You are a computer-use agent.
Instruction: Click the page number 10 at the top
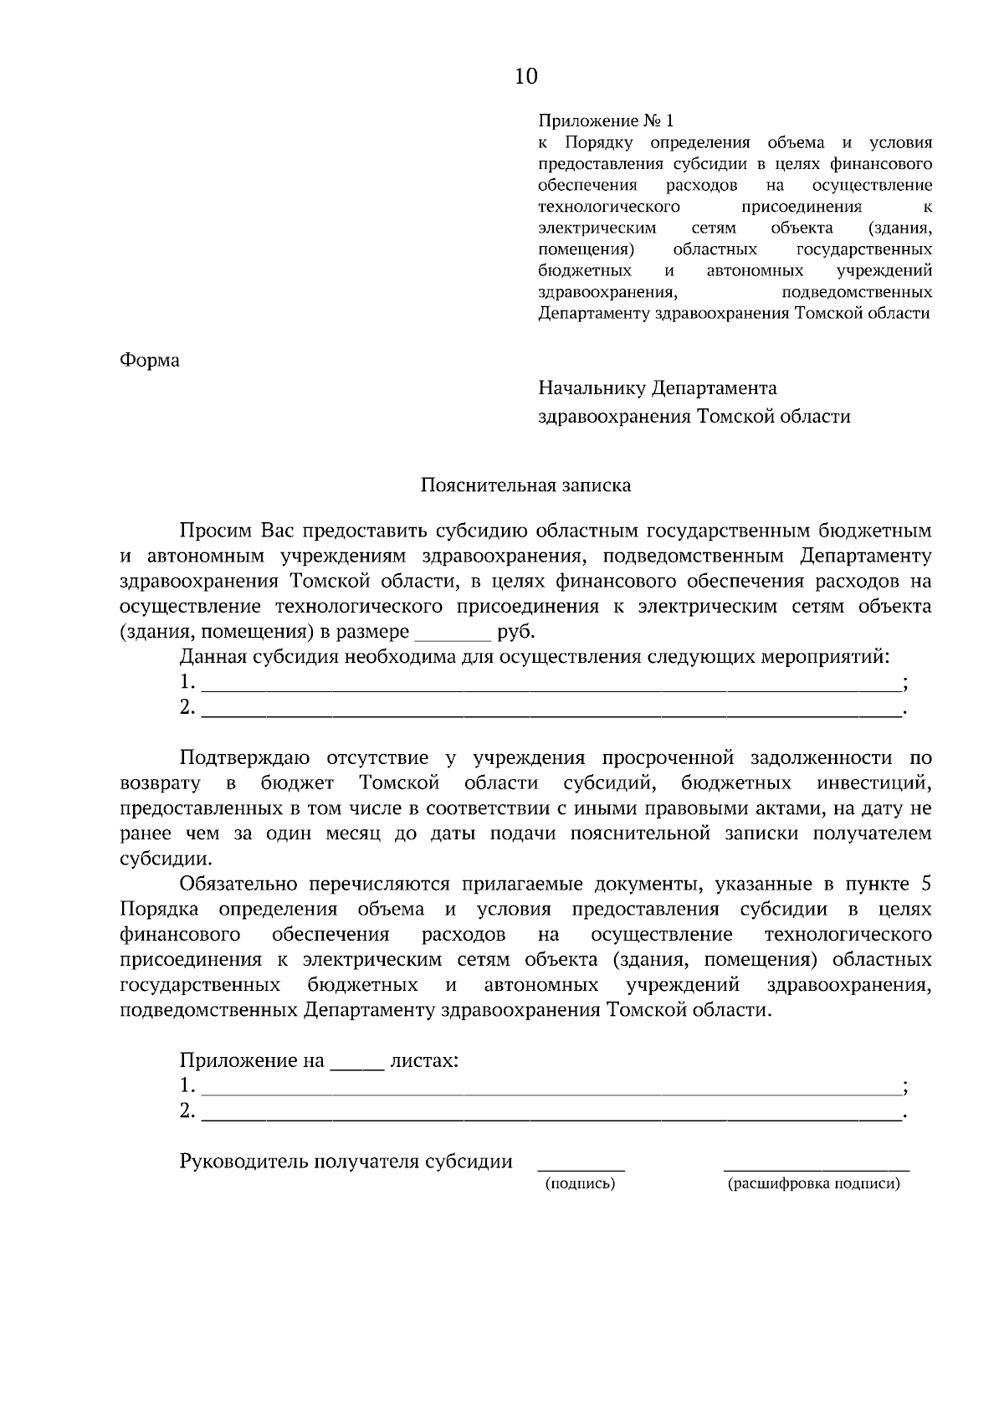(526, 77)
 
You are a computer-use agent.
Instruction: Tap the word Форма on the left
(150, 361)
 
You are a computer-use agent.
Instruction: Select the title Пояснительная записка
(525, 485)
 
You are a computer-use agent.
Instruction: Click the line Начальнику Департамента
(658, 388)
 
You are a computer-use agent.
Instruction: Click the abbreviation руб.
(515, 632)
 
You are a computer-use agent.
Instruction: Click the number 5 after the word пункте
(925, 885)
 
